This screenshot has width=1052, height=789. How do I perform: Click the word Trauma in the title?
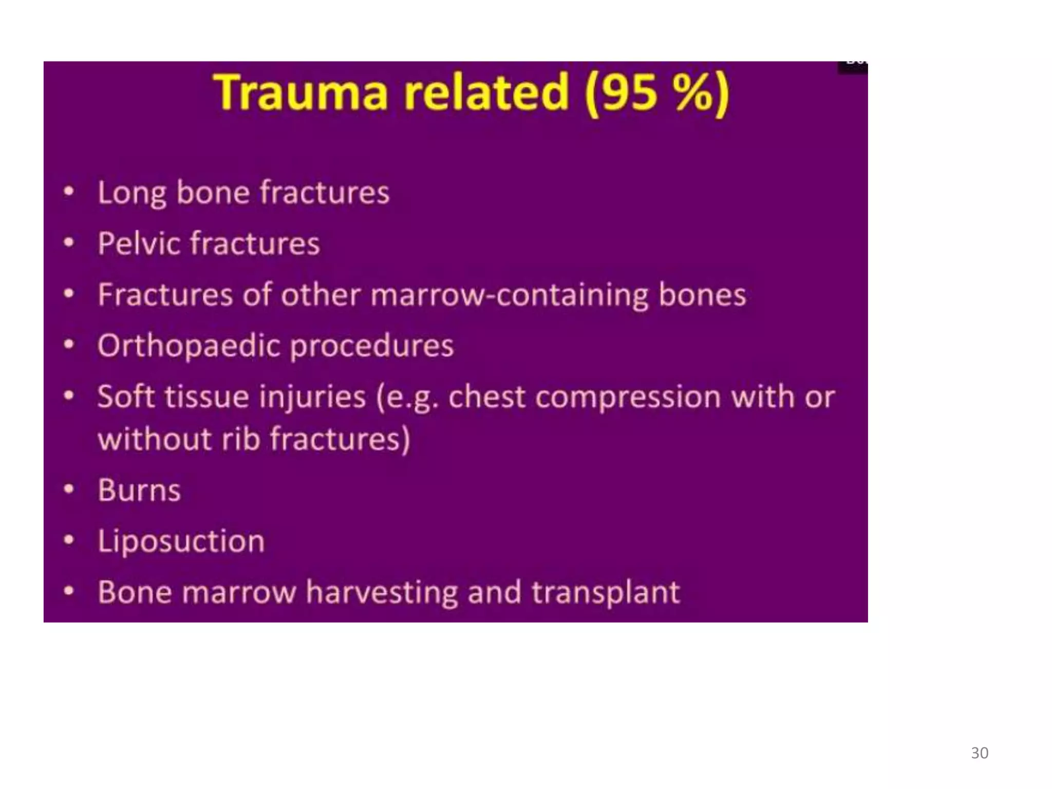300,92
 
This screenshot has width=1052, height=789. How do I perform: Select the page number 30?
980,753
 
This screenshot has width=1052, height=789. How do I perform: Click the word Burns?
139,490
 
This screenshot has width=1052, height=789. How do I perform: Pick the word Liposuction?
181,541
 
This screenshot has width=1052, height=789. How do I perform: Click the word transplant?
606,593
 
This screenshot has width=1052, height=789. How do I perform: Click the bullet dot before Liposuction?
69,540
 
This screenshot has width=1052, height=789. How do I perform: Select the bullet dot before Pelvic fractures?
69,242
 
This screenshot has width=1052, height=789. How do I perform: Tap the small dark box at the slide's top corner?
853,67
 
